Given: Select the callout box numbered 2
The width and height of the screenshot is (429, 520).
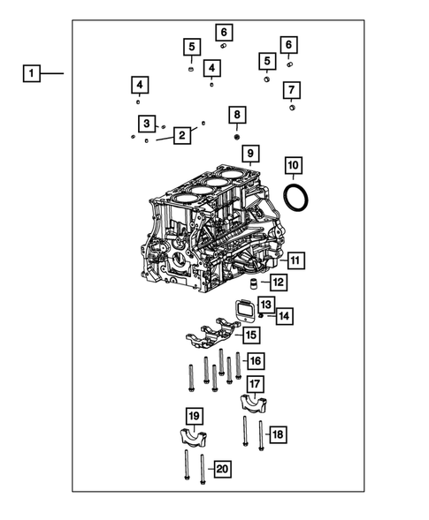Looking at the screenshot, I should point(182,135).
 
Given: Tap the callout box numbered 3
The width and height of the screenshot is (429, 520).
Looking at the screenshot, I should point(147,123).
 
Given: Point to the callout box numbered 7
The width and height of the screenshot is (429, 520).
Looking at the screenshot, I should point(292,89).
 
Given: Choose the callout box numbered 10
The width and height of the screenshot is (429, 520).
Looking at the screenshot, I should point(293,165).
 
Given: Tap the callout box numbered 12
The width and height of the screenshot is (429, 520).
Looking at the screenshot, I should point(278,283).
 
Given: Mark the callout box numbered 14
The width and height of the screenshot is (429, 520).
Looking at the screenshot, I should point(284,315).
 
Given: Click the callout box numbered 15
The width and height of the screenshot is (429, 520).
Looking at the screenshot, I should point(251,335).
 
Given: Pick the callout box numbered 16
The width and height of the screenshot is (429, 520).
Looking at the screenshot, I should point(255,360).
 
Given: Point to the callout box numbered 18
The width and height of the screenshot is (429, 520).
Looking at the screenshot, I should point(277,434).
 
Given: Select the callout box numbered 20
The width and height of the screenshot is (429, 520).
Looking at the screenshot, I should point(222,469).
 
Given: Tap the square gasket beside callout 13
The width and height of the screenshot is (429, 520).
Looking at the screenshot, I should point(243,312).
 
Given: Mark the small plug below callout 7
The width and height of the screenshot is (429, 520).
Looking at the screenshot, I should point(292,109).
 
